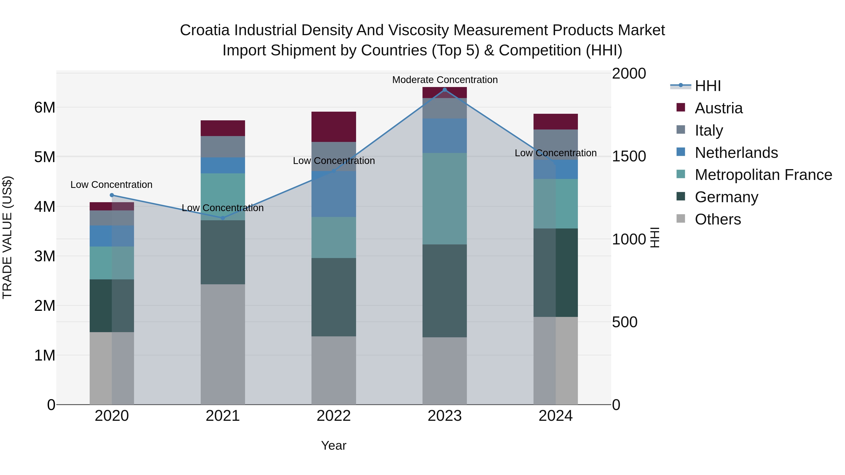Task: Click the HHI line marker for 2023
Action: tap(445, 90)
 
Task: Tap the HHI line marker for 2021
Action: tap(223, 218)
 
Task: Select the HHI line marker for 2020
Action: tap(112, 195)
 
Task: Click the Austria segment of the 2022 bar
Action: tap(334, 127)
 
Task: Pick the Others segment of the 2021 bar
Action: tap(223, 344)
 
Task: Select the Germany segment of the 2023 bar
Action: tap(445, 291)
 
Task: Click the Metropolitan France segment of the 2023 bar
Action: tap(445, 199)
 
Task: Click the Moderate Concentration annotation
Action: tap(445, 80)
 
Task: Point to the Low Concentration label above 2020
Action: tap(111, 185)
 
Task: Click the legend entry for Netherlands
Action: tap(736, 153)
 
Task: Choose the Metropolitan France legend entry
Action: tap(763, 175)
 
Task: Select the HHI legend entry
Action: tap(707, 86)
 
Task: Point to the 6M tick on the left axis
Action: tap(45, 107)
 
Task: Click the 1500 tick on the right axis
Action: tap(629, 156)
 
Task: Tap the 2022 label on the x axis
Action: tap(334, 416)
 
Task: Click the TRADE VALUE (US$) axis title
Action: tap(7, 237)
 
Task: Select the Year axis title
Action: tap(334, 445)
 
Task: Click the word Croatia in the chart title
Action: tap(205, 30)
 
